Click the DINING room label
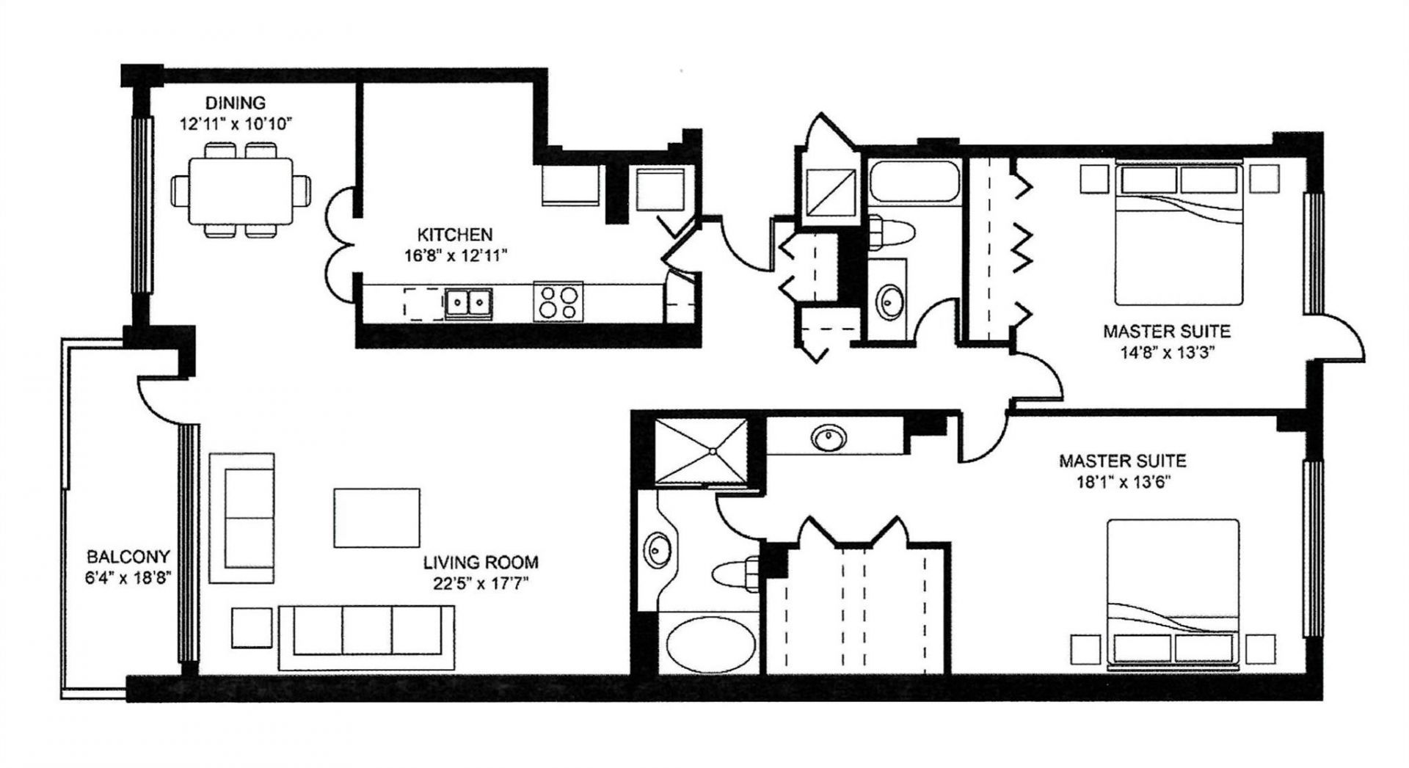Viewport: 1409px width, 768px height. click(235, 103)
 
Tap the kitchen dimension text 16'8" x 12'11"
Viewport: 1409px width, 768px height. click(454, 255)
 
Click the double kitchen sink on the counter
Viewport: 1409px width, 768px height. click(467, 301)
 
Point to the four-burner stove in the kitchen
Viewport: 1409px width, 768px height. click(557, 301)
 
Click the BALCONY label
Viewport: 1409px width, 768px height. click(128, 557)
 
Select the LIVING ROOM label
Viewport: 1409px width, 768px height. click(481, 563)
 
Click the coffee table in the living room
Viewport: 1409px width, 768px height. click(376, 518)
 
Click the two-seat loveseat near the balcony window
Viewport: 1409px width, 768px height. click(242, 518)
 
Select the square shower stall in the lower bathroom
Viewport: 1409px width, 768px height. click(700, 452)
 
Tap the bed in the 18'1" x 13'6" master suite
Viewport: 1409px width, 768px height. click(1173, 594)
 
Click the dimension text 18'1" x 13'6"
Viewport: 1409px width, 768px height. click(1122, 482)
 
